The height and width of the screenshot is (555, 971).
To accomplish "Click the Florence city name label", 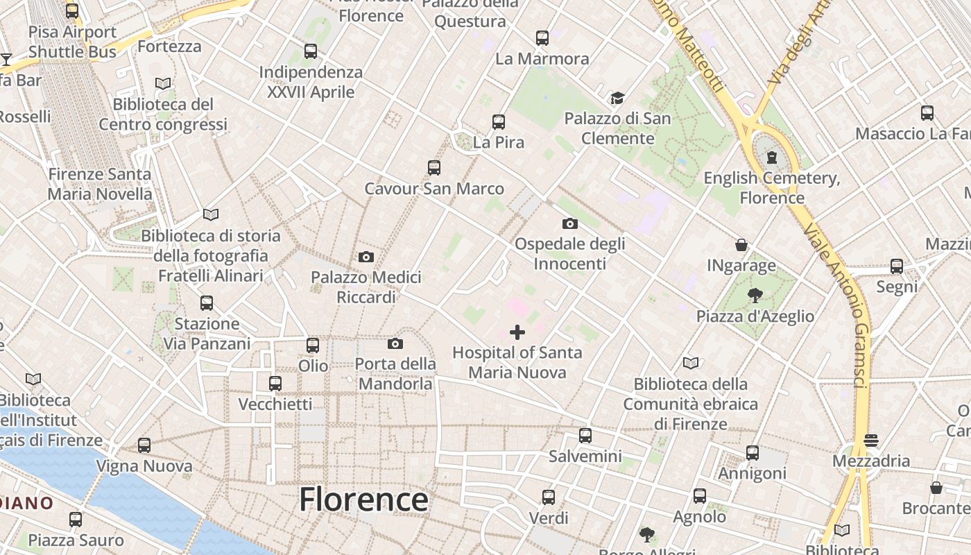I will [363, 499].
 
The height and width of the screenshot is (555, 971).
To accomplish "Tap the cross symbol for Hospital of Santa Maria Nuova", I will [517, 333].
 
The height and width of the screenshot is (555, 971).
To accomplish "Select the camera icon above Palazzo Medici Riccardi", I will [366, 257].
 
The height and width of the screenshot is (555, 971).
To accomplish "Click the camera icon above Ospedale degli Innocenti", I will [569, 223].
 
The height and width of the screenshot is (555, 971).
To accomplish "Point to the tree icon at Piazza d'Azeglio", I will [755, 296].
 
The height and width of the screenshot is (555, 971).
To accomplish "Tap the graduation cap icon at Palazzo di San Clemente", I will [617, 99].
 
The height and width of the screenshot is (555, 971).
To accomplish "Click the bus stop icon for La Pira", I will [498, 122].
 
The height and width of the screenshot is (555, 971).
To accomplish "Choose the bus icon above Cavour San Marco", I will [434, 168].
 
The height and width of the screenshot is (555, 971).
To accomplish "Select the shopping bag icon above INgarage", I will [741, 245].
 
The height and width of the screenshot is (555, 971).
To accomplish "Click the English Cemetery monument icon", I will [771, 158].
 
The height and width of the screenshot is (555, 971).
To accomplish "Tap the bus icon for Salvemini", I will [585, 436].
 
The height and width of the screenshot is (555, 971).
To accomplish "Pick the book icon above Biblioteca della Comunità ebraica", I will [691, 363].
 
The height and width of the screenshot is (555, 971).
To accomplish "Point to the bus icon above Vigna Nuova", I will [144, 445].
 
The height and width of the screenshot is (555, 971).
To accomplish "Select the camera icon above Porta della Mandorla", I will [395, 343].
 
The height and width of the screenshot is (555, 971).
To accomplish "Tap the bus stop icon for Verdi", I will [549, 497].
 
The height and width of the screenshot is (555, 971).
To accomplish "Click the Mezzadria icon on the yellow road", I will [871, 440].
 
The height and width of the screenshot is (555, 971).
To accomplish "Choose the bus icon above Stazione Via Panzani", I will [207, 303].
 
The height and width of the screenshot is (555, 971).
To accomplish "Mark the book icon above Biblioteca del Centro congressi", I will [163, 83].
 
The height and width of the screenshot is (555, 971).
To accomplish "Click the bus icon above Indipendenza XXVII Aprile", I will [311, 51].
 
